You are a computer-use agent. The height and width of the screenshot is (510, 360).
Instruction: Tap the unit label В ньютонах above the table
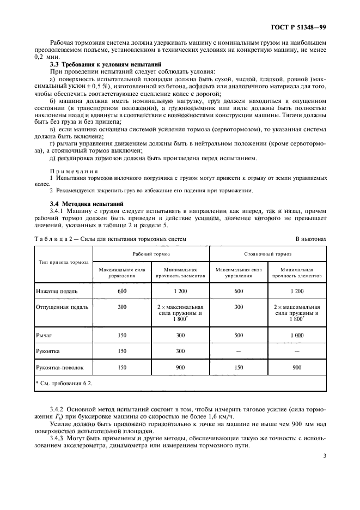click(310, 238)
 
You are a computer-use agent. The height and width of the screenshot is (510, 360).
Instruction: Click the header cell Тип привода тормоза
click(64, 262)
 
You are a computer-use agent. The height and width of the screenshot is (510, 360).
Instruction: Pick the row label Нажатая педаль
click(57, 291)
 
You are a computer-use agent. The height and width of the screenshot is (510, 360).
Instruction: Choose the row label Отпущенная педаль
click(62, 307)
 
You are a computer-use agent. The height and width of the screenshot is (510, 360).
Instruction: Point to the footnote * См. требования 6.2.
click(64, 384)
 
